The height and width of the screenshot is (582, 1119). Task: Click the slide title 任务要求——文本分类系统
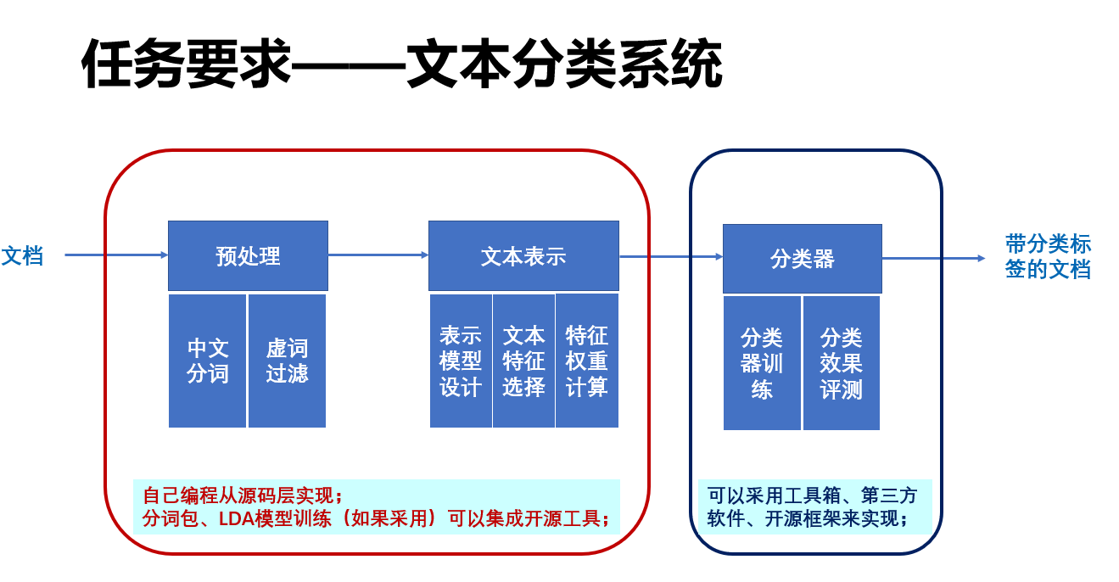[x=402, y=65]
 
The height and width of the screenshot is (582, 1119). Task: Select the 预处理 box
[x=248, y=255]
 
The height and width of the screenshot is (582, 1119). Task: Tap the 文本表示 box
[x=523, y=255]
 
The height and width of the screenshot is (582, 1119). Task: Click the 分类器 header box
[x=802, y=258]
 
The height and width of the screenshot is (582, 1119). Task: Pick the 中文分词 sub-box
[x=207, y=361]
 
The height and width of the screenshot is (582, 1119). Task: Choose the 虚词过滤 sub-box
[x=287, y=361]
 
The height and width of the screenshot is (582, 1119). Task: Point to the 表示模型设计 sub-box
[x=461, y=361]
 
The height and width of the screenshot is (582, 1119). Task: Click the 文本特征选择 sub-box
[x=523, y=361]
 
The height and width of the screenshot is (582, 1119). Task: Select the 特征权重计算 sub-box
[x=587, y=361]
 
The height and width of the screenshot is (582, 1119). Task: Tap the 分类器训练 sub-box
[x=762, y=362]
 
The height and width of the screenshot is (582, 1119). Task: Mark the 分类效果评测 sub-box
[x=841, y=362]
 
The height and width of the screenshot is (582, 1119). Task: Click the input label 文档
[x=23, y=255]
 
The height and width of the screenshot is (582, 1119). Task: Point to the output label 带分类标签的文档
[x=1048, y=257]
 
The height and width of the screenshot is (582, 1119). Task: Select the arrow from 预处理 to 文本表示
[x=378, y=255]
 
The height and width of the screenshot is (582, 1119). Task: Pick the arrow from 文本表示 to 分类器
[x=670, y=256]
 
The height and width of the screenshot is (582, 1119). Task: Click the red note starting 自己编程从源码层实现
[x=376, y=506]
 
